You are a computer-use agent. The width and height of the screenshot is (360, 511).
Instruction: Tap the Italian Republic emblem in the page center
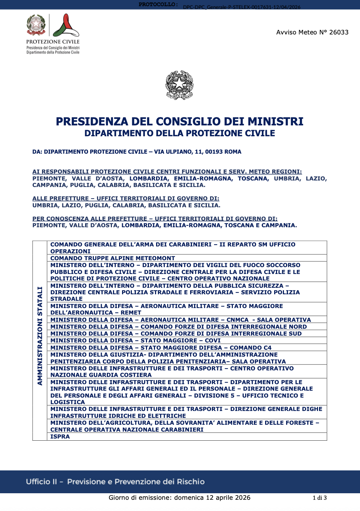(x=179, y=85)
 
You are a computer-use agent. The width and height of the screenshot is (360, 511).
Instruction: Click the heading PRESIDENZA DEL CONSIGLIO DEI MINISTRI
(x=180, y=121)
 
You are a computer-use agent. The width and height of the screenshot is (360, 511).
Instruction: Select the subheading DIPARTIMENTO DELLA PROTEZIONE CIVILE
(x=180, y=133)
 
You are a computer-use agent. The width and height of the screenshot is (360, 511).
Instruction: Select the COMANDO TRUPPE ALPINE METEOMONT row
(x=113, y=258)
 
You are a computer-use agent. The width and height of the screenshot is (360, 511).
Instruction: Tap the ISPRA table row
(x=60, y=436)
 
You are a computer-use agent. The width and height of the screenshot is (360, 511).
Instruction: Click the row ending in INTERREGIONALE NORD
(x=179, y=327)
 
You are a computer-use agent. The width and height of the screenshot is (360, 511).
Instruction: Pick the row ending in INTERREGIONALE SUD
(x=176, y=333)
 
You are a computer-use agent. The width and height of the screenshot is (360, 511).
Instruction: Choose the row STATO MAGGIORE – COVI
(x=135, y=340)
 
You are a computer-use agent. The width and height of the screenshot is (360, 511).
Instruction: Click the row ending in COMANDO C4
(x=161, y=348)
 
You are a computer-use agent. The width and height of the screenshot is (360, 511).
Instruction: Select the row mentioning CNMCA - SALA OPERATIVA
(x=180, y=320)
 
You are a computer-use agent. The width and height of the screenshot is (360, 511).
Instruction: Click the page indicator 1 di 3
(x=319, y=498)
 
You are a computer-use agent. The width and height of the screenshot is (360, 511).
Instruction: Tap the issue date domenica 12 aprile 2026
(x=212, y=498)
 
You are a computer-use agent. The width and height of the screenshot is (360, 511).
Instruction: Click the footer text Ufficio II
(x=41, y=482)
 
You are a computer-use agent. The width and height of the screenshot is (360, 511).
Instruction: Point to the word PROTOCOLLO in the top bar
(x=158, y=5)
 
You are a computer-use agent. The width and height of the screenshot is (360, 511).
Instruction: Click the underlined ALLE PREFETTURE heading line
(x=126, y=199)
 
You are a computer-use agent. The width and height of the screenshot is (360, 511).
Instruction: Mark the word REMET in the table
(x=131, y=312)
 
